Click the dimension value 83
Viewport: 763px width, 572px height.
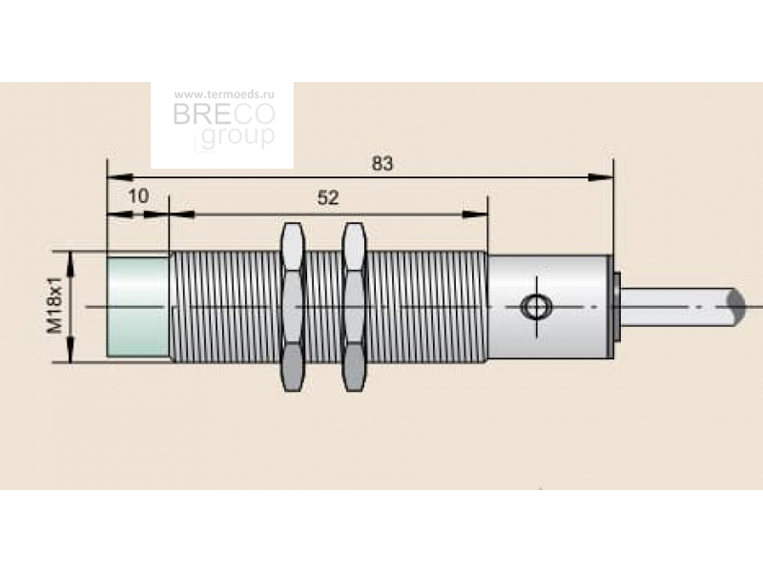(382, 163)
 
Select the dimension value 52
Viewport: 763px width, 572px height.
(328, 198)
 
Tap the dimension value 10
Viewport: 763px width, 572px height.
(138, 196)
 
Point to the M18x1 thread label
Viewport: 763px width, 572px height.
(54, 305)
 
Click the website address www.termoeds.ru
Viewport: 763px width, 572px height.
(224, 94)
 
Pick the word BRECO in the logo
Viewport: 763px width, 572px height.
(224, 114)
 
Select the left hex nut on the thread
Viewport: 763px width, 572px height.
(293, 307)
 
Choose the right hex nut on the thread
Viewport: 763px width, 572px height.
(354, 307)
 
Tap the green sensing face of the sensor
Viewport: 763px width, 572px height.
(138, 307)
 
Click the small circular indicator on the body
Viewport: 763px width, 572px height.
(536, 307)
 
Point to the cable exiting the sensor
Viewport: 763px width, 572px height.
(680, 307)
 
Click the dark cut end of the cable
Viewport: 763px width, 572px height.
(736, 307)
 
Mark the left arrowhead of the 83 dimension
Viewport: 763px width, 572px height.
(120, 177)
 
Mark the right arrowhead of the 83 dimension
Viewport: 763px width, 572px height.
(601, 177)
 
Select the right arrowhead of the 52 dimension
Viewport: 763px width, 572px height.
(474, 214)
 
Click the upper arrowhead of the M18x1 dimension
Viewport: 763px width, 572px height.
(71, 264)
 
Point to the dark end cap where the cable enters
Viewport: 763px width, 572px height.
(616, 307)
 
